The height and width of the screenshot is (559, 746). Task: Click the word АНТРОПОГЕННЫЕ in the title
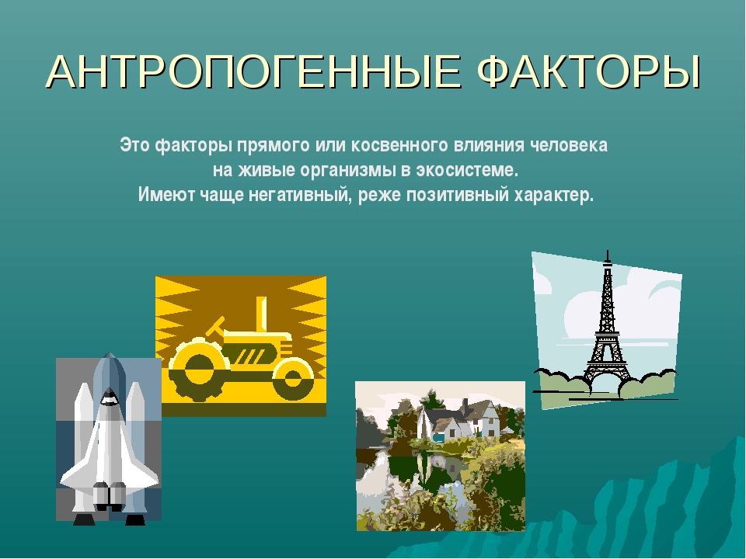coord(253,71)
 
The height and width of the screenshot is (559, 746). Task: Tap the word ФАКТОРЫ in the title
coord(589,71)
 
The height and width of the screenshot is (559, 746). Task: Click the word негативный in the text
coord(302,195)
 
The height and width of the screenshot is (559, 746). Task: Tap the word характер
coord(554,195)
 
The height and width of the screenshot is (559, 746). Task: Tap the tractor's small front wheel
coord(293,380)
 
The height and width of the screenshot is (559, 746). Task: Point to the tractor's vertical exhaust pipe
coord(261,316)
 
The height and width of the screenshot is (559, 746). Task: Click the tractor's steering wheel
coord(214,327)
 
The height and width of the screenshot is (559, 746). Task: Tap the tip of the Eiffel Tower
coord(608,251)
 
